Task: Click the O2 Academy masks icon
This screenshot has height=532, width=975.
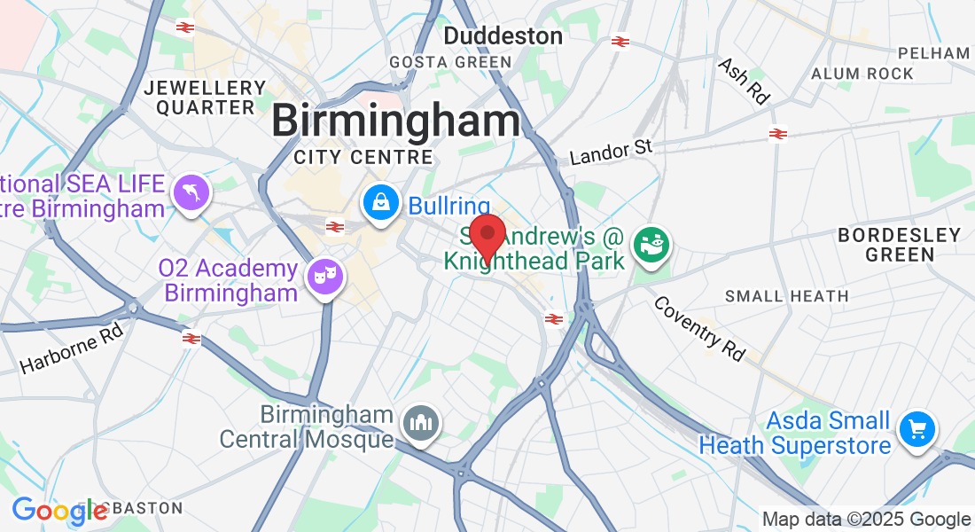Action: click(x=324, y=277)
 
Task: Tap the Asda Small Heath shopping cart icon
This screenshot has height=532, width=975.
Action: click(x=917, y=430)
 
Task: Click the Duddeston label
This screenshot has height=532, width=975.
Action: click(x=503, y=36)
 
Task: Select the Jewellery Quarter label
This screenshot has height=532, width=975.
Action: click(x=206, y=98)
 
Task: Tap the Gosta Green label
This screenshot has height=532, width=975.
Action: click(x=451, y=62)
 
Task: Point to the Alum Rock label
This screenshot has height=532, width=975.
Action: click(x=862, y=74)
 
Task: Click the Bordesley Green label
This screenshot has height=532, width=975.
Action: click(x=900, y=245)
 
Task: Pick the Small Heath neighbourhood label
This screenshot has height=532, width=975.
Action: click(x=787, y=296)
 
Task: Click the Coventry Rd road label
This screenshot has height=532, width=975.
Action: click(x=699, y=328)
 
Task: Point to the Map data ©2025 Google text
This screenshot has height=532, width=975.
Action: click(x=866, y=520)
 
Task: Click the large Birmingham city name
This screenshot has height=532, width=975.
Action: click(x=396, y=121)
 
